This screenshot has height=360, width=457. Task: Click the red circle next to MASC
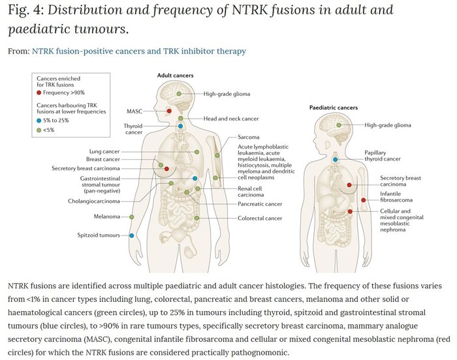[169, 111]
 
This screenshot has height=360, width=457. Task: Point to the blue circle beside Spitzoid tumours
[131, 235]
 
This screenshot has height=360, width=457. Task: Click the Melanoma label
[107, 216]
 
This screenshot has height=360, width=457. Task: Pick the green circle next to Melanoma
[131, 216]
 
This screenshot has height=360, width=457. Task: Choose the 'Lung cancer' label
[104, 151]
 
